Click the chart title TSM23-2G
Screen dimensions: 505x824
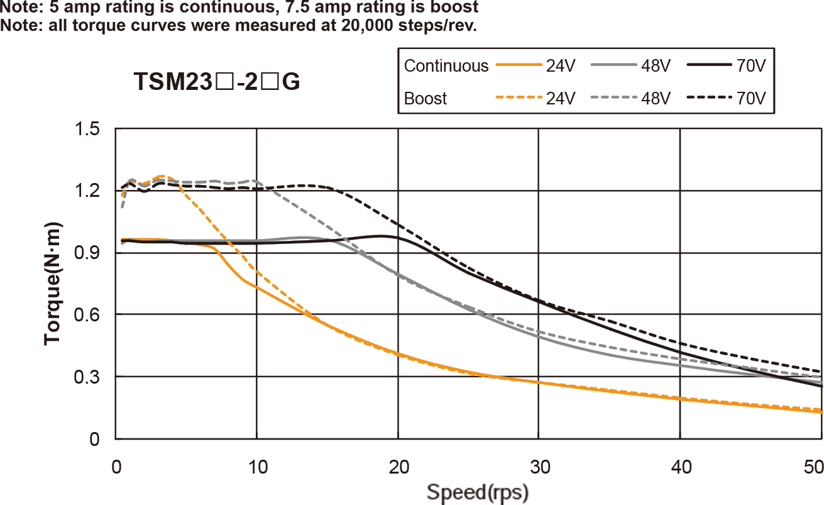(x=217, y=82)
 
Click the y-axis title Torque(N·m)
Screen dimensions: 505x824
(x=54, y=283)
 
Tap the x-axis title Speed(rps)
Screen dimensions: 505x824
(x=478, y=491)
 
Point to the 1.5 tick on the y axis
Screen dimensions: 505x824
(x=87, y=130)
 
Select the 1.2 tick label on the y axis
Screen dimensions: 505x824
(x=87, y=191)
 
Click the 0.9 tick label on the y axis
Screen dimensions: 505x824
(x=87, y=253)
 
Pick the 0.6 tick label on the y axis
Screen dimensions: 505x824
(x=87, y=315)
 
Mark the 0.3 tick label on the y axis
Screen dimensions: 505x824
(x=87, y=377)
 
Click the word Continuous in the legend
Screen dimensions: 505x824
(x=446, y=66)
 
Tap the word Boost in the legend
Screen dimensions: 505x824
(x=426, y=99)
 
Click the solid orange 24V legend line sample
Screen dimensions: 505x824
(x=519, y=65)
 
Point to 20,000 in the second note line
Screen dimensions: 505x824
(x=296, y=26)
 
